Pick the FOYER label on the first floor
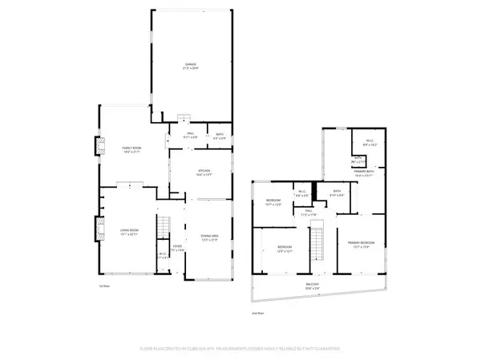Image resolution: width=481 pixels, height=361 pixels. (177, 247)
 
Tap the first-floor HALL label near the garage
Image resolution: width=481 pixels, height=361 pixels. (191, 135)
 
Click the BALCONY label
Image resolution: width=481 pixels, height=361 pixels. (317, 285)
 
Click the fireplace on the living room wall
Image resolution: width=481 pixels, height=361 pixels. (100, 229)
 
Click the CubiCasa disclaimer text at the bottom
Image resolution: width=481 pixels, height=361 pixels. (240, 349)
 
